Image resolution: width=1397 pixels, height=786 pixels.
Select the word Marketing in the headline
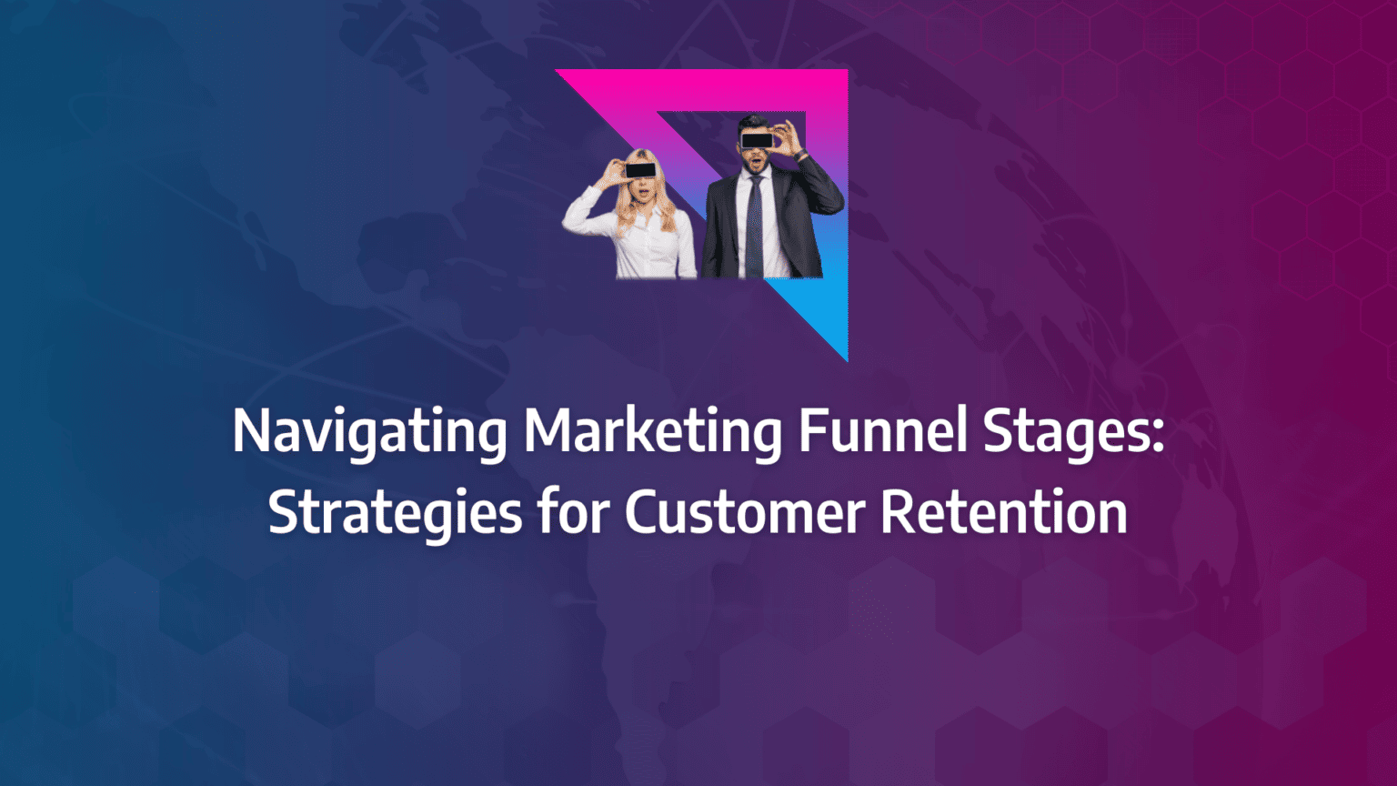[652, 432]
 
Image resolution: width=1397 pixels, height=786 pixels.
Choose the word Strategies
[395, 513]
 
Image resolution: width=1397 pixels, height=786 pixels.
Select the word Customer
[745, 513]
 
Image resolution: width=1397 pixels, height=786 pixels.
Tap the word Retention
[1004, 513]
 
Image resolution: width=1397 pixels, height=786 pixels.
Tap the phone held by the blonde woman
[641, 170]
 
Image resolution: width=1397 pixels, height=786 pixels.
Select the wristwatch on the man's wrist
[801, 156]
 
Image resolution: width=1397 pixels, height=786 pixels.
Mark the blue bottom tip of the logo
[844, 355]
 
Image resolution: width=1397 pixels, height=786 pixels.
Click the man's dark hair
[754, 122]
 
